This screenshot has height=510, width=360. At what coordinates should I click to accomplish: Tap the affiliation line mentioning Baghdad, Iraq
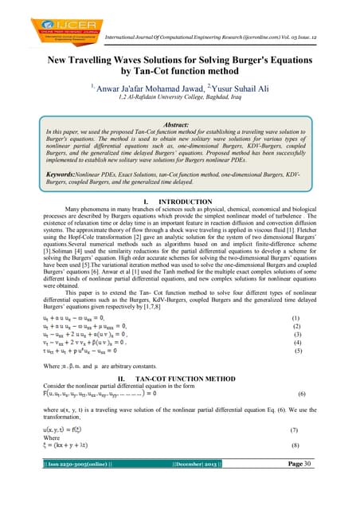tap(180, 97)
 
